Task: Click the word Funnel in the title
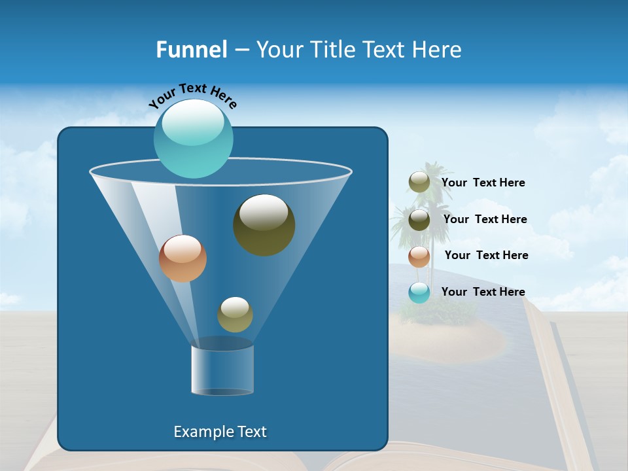(191, 50)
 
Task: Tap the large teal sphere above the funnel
(193, 138)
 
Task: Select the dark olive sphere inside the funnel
(264, 224)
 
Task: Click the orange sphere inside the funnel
(183, 258)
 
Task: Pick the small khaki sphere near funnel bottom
(235, 314)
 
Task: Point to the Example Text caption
(220, 432)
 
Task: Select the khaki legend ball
(419, 183)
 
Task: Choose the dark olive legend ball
(419, 220)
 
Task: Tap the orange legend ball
(419, 256)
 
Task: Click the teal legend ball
(419, 292)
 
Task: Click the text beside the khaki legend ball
(483, 183)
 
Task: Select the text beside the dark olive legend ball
(485, 220)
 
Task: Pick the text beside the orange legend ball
(486, 256)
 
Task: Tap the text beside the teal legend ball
(483, 292)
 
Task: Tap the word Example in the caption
(199, 432)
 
